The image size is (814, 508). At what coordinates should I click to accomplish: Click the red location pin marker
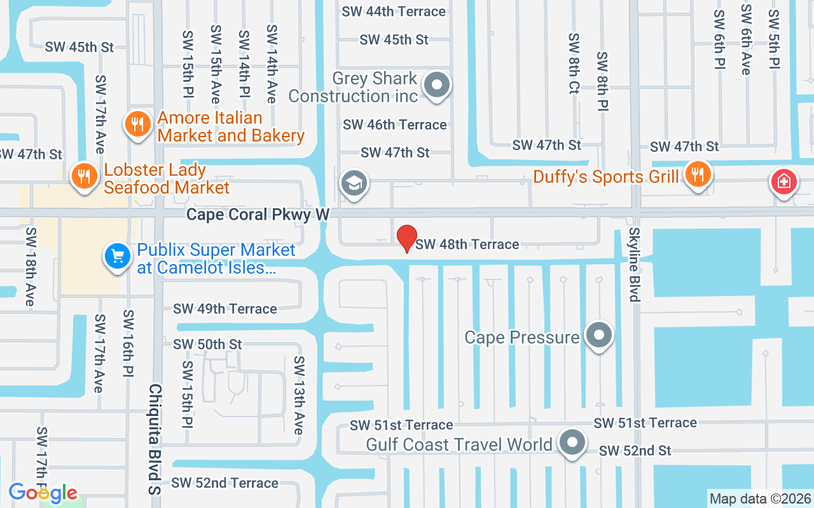[x=407, y=238]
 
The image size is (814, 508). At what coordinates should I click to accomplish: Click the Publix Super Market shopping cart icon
[x=117, y=257]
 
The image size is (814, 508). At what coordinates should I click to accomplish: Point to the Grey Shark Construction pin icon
[x=437, y=85]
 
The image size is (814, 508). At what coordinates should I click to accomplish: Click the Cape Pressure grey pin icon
[x=598, y=335]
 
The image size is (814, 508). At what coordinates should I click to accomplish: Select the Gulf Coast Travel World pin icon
[x=572, y=442]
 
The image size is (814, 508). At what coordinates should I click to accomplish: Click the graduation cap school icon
[x=354, y=184]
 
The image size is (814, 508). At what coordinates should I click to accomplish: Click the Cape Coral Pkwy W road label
[x=258, y=215]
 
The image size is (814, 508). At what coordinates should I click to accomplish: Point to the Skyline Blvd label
[x=634, y=264]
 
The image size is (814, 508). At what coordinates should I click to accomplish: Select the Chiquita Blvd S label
[x=155, y=439]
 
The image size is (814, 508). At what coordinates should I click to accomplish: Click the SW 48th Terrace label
[x=467, y=244]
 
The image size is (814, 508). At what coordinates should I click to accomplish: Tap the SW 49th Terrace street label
[x=225, y=309]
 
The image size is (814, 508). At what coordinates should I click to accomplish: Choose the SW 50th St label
[x=208, y=344]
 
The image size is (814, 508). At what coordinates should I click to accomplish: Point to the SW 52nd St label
[x=635, y=451]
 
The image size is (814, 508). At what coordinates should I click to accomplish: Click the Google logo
[x=43, y=492]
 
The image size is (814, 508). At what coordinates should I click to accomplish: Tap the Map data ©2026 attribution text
[x=761, y=498]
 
